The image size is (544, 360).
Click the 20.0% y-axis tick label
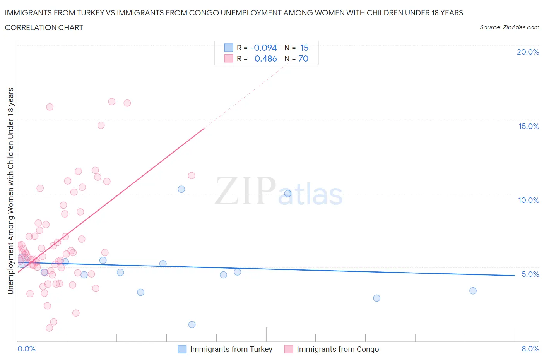pyautogui.click(x=528, y=52)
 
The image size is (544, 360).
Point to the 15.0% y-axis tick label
pyautogui.click(x=529, y=126)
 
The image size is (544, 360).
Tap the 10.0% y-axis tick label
pyautogui.click(x=529, y=200)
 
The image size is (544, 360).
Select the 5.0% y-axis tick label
pyautogui.click(x=530, y=274)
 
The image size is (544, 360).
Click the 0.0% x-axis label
pyautogui.click(x=26, y=349)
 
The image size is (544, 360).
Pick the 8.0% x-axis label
pyautogui.click(x=530, y=349)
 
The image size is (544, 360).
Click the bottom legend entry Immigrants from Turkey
pyautogui.click(x=231, y=349)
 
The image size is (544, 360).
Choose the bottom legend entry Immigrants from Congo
pyautogui.click(x=337, y=349)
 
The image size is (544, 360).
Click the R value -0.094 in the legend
pyautogui.click(x=263, y=48)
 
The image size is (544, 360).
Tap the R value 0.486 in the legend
pyautogui.click(x=265, y=58)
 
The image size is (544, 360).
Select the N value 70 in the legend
pyautogui.click(x=303, y=58)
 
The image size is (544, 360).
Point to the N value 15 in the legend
pyautogui.click(x=304, y=48)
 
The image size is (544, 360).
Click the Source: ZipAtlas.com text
pyautogui.click(x=509, y=27)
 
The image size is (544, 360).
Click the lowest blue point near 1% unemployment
pyautogui.click(x=192, y=324)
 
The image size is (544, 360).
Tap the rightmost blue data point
pyautogui.click(x=473, y=291)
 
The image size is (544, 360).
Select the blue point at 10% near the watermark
pyautogui.click(x=287, y=193)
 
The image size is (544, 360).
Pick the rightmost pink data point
pyautogui.click(x=191, y=175)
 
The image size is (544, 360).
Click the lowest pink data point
pyautogui.click(x=49, y=328)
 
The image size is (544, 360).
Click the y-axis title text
pyautogui.click(x=10, y=191)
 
